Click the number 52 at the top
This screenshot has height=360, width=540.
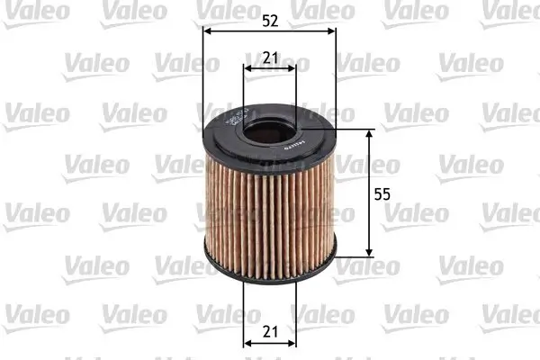pyautogui.click(x=270, y=20)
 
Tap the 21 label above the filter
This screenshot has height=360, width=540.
pyautogui.click(x=270, y=57)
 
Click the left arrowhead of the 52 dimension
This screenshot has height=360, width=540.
pyautogui.click(x=208, y=31)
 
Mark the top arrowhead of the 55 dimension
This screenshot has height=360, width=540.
pyautogui.click(x=370, y=133)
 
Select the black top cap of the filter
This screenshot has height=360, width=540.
pyautogui.click(x=225, y=144)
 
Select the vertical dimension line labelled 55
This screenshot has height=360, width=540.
pyautogui.click(x=370, y=216)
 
